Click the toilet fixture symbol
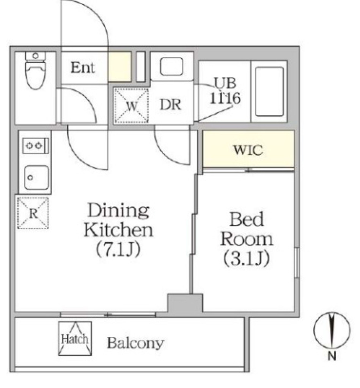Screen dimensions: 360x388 [x=36, y=70]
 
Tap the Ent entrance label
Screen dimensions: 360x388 [x=83, y=67]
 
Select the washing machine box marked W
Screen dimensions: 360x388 [x=132, y=106]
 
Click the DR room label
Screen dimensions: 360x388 [x=170, y=105]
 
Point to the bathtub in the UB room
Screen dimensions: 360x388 [x=270, y=92]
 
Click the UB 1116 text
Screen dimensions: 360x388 [x=225, y=91]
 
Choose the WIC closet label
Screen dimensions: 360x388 [x=248, y=150]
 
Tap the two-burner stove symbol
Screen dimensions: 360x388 [x=36, y=146]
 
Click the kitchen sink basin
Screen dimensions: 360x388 [x=37, y=178]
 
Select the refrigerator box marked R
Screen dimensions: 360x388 [x=33, y=213]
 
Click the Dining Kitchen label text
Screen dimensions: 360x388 [x=119, y=220]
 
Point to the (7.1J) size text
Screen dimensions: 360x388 [x=118, y=249]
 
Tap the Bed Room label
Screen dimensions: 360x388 [x=247, y=229]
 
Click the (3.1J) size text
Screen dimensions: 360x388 [x=247, y=258]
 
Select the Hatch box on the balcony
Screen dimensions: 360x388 [x=75, y=338]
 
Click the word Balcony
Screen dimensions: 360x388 [x=135, y=343]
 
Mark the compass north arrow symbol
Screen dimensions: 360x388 [x=332, y=330]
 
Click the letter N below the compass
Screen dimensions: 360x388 [x=332, y=356]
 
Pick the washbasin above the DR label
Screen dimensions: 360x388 [x=171, y=66]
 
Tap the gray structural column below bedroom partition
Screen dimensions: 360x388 [x=185, y=303]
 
